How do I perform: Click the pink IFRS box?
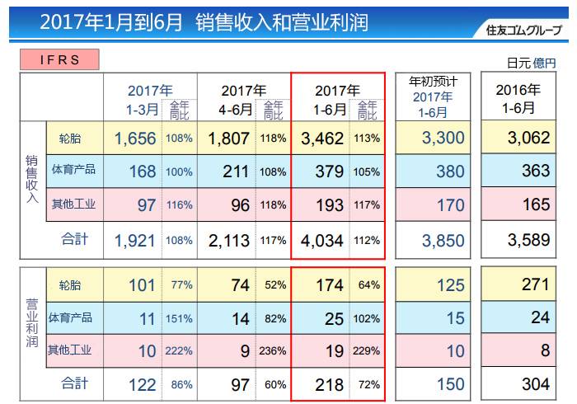point(59,59)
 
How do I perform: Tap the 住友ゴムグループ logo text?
point(523,30)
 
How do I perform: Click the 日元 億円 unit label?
point(532,63)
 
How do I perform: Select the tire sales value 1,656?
point(135,139)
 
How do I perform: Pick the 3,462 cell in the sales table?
point(322,139)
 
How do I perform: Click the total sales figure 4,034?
point(322,241)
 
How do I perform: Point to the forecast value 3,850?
point(443,241)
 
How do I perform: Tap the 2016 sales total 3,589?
point(529,240)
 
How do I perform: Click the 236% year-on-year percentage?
point(273,351)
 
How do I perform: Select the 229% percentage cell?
point(367,351)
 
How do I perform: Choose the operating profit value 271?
point(536,284)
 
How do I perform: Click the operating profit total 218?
point(330,385)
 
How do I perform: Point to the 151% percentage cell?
point(179,318)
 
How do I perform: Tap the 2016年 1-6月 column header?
point(518,99)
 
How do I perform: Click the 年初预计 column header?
point(433,96)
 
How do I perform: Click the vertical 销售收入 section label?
point(32,179)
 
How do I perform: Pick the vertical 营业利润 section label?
point(32,323)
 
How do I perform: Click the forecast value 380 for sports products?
point(450,171)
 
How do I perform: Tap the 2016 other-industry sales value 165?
point(537,204)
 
